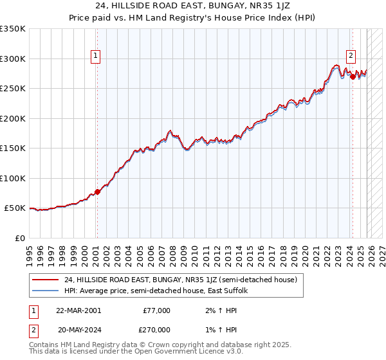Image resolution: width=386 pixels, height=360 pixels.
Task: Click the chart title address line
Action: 193,6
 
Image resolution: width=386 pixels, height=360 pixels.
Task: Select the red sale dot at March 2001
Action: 97,192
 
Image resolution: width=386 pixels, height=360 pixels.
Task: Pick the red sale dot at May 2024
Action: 353,76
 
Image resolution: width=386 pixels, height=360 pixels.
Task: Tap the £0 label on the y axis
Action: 19,238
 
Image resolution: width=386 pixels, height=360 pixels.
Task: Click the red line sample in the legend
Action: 45,280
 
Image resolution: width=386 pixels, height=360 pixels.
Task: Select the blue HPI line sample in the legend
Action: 45,291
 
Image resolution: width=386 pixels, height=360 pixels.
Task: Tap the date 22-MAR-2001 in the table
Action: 78,310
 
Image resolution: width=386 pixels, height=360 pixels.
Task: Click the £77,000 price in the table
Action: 156,310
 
